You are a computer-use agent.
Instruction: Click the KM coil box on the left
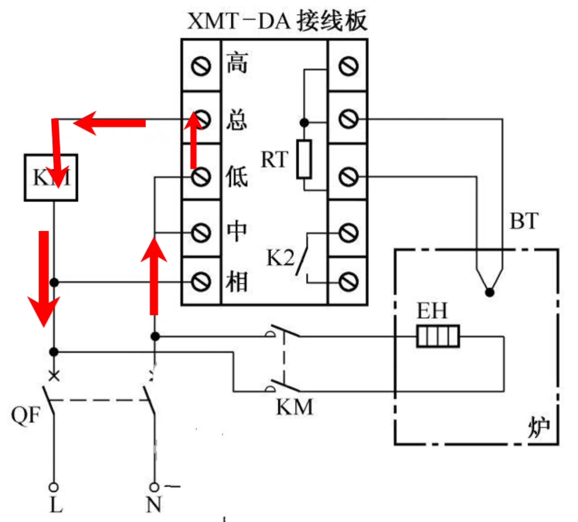coord(51,177)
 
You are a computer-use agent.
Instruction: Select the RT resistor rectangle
coord(304,159)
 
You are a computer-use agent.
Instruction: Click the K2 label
coord(280,258)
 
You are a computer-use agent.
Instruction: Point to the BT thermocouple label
coord(524,221)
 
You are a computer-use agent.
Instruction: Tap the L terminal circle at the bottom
coord(54,487)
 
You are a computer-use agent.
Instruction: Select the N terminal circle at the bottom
coord(154,487)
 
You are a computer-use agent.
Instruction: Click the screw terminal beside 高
coord(201,66)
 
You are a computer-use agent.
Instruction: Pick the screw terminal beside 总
coord(201,118)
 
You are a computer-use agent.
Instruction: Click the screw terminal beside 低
coord(201,177)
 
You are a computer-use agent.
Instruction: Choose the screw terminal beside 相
coord(201,281)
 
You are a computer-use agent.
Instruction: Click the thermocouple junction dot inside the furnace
coord(490,292)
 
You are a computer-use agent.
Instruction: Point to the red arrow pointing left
coord(109,123)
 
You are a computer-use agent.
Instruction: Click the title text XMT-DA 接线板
coord(277,20)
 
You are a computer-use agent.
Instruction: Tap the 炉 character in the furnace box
coord(538,427)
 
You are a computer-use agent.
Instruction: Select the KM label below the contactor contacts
coord(294,407)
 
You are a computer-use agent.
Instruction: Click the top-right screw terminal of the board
coord(348,66)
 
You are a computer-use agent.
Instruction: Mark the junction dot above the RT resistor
coord(304,122)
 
